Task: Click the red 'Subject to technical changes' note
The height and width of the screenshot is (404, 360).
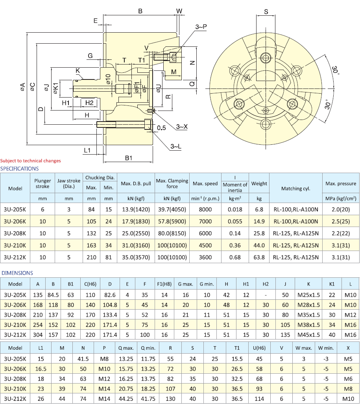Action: click(x=31, y=160)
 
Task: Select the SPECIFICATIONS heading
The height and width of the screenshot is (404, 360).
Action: click(x=20, y=168)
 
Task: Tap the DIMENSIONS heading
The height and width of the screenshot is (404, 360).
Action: click(x=17, y=273)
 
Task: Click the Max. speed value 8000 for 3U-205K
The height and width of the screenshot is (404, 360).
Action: click(x=205, y=209)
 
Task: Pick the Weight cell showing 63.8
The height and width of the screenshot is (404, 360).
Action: click(x=259, y=258)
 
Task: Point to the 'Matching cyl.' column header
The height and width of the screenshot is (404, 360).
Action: click(x=295, y=188)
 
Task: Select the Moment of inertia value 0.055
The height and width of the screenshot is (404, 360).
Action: click(x=235, y=221)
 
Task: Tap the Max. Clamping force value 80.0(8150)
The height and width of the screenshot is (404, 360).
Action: click(x=172, y=234)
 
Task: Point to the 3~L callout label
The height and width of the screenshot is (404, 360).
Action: click(x=176, y=146)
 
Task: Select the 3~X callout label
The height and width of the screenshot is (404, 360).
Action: click(x=182, y=126)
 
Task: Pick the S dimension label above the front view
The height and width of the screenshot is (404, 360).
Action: click(x=266, y=12)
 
